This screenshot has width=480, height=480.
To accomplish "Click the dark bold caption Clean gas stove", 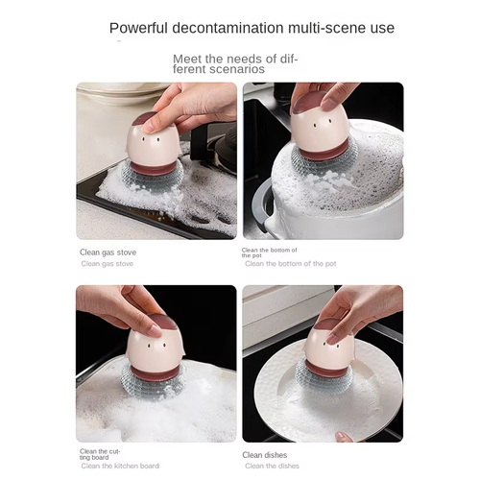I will tap(108, 252).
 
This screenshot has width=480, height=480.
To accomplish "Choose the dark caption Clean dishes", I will tap(264, 454).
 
